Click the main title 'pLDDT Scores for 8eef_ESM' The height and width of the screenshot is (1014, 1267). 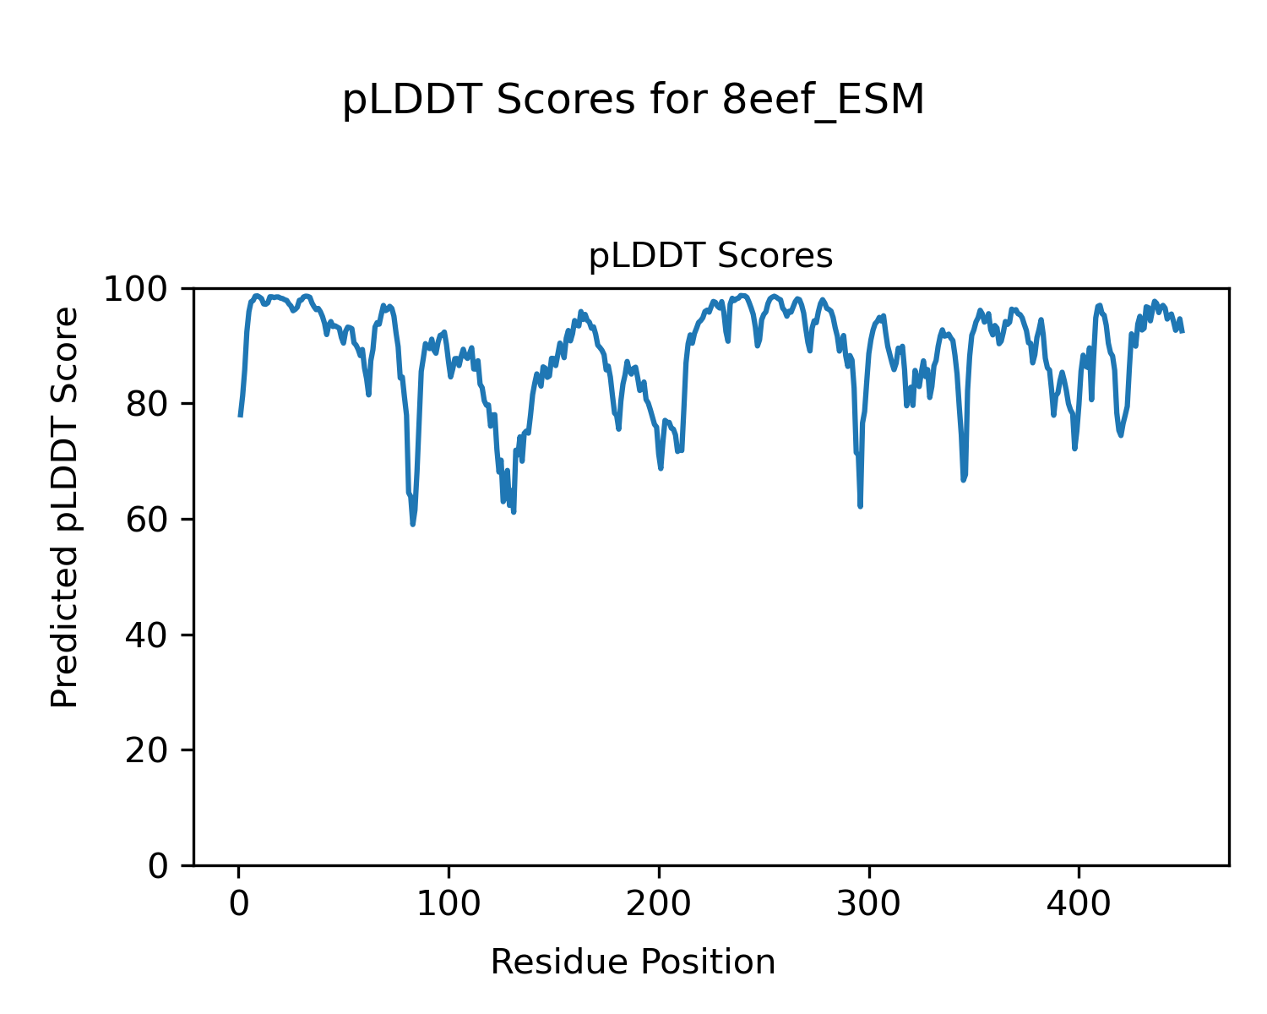(x=633, y=101)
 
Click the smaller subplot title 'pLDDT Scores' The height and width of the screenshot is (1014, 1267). (x=710, y=256)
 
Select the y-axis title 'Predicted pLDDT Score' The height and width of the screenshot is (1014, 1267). (x=65, y=507)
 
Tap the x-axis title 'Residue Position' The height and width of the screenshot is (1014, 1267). (x=633, y=962)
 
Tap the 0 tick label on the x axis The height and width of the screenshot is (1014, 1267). (x=239, y=903)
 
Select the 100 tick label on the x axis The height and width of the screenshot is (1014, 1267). (x=449, y=903)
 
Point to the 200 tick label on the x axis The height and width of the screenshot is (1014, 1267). (x=658, y=903)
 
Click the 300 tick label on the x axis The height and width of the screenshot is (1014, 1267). (x=868, y=903)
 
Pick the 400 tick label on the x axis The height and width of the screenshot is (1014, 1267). (x=1078, y=903)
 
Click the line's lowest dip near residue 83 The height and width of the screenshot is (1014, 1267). (x=412, y=524)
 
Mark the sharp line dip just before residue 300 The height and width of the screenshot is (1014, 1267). (x=860, y=505)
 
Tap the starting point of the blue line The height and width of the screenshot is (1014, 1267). (x=240, y=415)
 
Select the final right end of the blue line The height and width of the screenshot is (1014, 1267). (x=1183, y=331)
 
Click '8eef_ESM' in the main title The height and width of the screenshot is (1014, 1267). (x=824, y=101)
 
